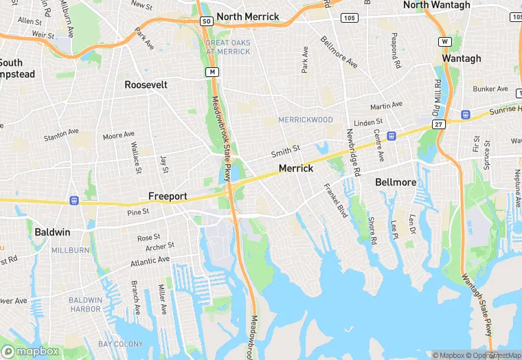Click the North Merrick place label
click(x=247, y=16)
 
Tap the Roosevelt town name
click(x=146, y=85)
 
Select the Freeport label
click(x=168, y=196)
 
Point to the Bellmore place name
click(x=396, y=182)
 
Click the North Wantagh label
click(x=436, y=5)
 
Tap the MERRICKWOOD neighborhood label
click(x=306, y=120)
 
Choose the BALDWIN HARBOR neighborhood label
click(x=85, y=305)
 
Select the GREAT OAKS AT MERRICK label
click(x=228, y=47)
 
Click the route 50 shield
click(x=206, y=22)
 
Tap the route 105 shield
click(x=349, y=17)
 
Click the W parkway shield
click(x=445, y=42)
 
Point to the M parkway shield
click(x=213, y=71)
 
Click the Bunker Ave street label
click(x=490, y=89)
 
